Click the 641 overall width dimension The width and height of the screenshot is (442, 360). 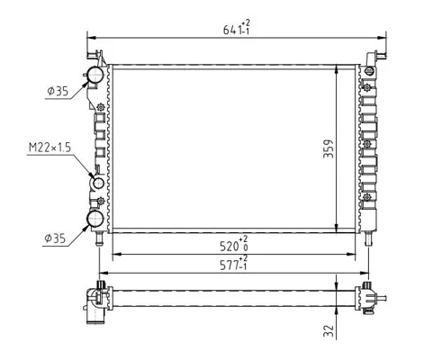pos(236,28)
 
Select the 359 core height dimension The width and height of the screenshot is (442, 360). pos(329,148)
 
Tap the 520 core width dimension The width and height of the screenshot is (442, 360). pos(234,244)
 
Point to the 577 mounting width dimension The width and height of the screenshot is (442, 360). pos(234,263)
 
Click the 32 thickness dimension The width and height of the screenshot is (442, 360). pos(329,331)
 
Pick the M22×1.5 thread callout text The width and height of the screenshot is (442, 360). pos(50,148)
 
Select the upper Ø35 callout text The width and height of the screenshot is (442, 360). pos(58,91)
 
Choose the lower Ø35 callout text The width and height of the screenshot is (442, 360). pos(55,238)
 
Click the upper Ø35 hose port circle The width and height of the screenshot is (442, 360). pos(95,75)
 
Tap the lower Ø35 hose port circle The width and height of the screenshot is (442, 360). pos(95,219)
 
